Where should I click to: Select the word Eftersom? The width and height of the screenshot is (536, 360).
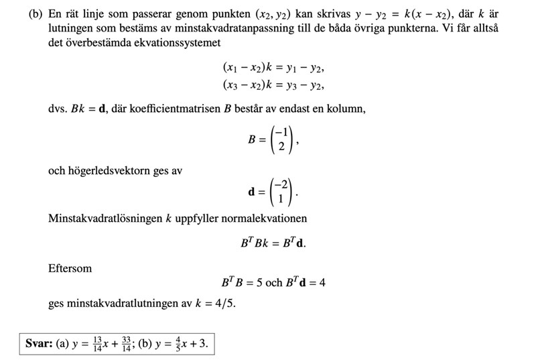pos(70,268)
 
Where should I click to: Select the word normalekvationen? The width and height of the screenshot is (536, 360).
pos(269,218)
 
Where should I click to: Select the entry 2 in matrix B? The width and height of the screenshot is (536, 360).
pos(283,146)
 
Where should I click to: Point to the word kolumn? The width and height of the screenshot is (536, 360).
pos(347,109)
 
